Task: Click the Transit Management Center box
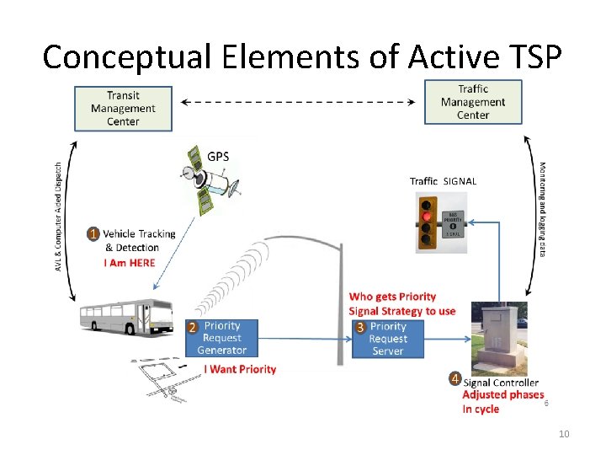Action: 123,109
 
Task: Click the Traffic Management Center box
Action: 473,102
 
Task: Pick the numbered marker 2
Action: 192,327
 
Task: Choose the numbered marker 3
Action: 359,327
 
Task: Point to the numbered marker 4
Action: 454,378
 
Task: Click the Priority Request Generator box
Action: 222,338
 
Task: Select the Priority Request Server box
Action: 388,339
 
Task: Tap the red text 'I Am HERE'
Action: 130,263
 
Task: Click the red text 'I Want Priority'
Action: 240,369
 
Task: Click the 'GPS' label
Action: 218,157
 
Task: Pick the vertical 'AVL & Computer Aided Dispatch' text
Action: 58,217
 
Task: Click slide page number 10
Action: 564,434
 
